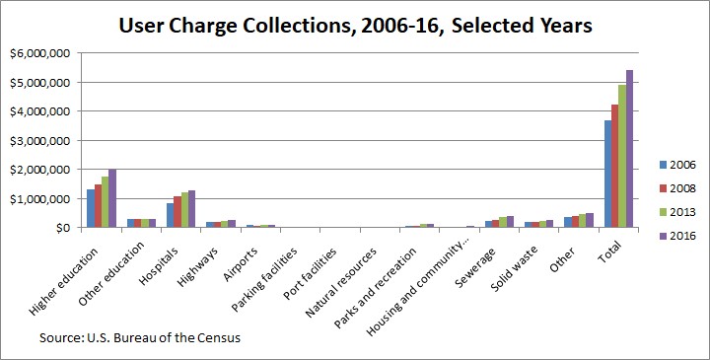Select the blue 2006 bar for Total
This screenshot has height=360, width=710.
tap(607, 174)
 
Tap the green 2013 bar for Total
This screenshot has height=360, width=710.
tap(622, 156)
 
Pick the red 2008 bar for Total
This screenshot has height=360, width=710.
tap(615, 166)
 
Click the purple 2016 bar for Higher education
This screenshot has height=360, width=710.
tap(111, 198)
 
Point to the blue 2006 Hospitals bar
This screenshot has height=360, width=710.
tap(170, 215)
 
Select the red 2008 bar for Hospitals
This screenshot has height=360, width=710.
tap(177, 211)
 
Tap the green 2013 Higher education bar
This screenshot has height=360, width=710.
tap(105, 202)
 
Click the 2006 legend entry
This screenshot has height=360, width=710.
tap(677, 165)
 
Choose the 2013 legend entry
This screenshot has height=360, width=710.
tap(677, 212)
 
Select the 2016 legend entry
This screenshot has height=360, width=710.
tap(677, 236)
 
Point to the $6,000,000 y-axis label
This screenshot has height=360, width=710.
tap(40, 53)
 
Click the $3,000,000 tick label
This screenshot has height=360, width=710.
tap(40, 140)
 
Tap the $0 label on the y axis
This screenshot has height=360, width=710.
tap(62, 227)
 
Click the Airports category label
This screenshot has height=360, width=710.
tap(241, 264)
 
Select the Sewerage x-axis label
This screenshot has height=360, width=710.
tap(474, 267)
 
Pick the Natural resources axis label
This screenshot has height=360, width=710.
tap(340, 282)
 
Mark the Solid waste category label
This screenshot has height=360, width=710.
tap(514, 268)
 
